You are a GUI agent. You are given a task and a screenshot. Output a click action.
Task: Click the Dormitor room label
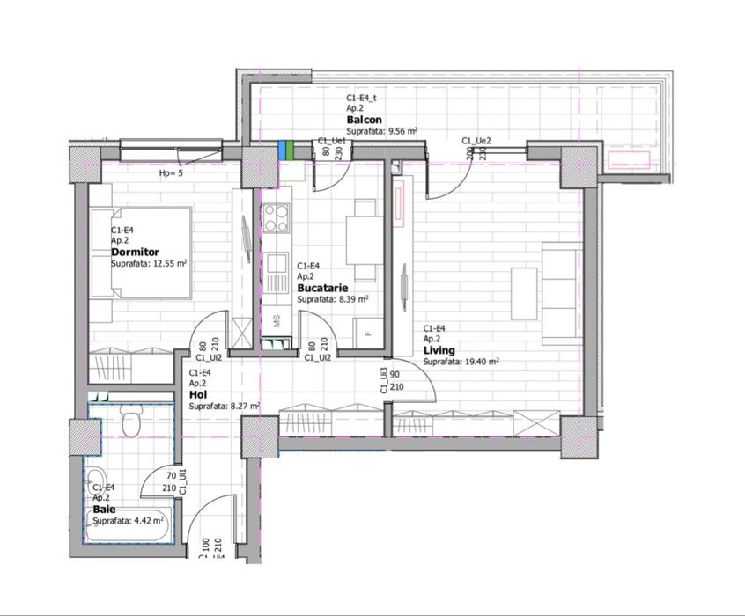point(135,253)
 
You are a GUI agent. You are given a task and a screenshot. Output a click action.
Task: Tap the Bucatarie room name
point(321,288)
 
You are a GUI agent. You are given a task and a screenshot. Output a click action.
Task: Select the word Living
point(439,350)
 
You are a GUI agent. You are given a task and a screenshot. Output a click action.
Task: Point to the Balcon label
point(364,120)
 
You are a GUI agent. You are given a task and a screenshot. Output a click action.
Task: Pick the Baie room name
point(104,510)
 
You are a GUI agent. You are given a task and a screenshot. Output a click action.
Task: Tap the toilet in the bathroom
point(131,424)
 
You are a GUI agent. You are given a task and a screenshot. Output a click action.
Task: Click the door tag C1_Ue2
point(476,141)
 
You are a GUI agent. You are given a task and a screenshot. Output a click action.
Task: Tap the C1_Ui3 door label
point(384,381)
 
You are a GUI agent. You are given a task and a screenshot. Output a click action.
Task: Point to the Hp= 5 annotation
point(171,173)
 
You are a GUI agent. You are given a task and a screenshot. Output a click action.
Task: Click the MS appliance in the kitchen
point(276,321)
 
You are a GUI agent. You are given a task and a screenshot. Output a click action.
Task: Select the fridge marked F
point(368,332)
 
